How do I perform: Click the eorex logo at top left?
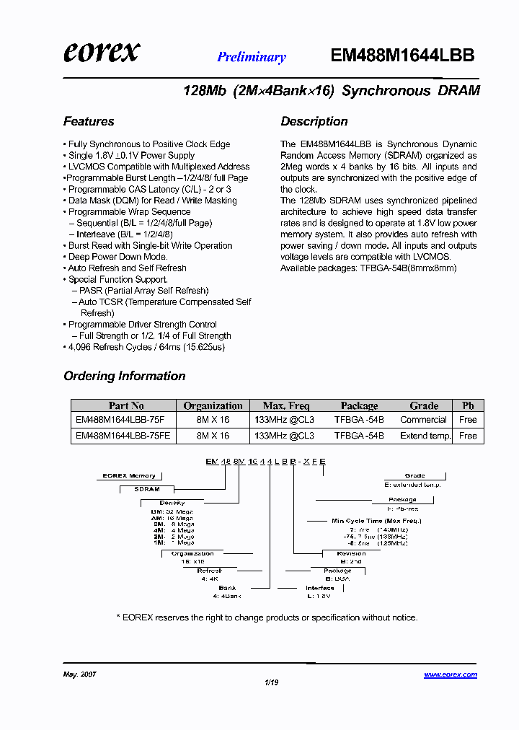102,52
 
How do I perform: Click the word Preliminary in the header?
252,57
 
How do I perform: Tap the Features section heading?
89,121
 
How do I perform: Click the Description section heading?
314,121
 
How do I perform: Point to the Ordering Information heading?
125,376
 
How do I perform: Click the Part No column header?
126,405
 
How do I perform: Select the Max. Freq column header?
285,405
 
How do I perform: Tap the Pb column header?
468,405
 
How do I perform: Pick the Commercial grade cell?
424,420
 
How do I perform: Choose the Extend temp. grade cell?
424,436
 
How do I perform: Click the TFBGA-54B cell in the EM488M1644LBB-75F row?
359,420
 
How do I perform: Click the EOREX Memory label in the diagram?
129,476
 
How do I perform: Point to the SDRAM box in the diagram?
147,489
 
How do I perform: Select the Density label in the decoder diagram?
172,503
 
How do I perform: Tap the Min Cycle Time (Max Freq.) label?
376,520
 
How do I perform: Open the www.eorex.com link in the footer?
450,674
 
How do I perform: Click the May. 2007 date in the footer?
80,674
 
